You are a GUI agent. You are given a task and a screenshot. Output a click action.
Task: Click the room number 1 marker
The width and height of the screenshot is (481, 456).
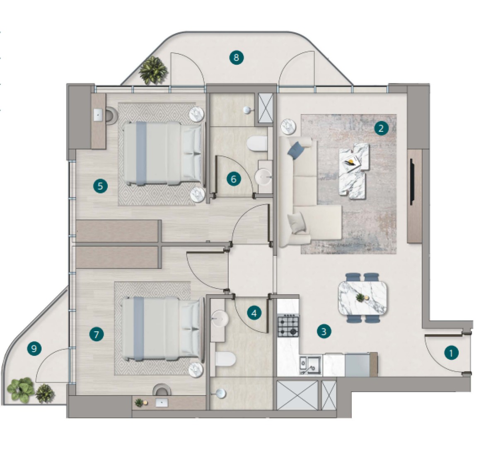click(x=451, y=353)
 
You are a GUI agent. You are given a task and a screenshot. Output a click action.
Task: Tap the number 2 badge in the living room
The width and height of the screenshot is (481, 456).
click(x=381, y=128)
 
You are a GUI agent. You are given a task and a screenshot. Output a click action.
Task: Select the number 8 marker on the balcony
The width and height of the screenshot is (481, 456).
click(x=236, y=57)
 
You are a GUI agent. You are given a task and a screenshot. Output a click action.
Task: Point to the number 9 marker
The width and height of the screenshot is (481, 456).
click(x=34, y=348)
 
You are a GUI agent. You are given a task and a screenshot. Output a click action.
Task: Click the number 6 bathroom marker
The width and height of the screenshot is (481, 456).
click(x=233, y=179)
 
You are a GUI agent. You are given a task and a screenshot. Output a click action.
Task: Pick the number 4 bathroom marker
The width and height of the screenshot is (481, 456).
click(x=254, y=313)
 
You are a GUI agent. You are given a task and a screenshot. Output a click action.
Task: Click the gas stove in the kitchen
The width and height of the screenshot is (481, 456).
click(x=288, y=326)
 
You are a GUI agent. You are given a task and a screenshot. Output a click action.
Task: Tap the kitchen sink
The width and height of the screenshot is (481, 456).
click(x=310, y=365)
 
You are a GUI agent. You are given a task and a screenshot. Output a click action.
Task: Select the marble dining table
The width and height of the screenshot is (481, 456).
click(x=363, y=297)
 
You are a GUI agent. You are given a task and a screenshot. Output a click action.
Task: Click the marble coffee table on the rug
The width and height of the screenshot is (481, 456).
click(x=353, y=171)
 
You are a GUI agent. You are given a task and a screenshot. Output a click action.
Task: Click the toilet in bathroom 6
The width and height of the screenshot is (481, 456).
click(x=257, y=144)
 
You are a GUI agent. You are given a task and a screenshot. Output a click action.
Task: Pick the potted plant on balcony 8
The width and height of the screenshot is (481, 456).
click(x=153, y=70)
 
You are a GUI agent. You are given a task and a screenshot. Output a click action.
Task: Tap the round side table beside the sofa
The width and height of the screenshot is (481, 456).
click(x=288, y=126)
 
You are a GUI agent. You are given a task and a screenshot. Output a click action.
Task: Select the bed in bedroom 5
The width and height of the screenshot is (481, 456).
click(x=164, y=153)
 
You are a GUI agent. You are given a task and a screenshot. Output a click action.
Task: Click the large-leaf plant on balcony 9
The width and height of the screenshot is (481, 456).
click(x=21, y=389)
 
